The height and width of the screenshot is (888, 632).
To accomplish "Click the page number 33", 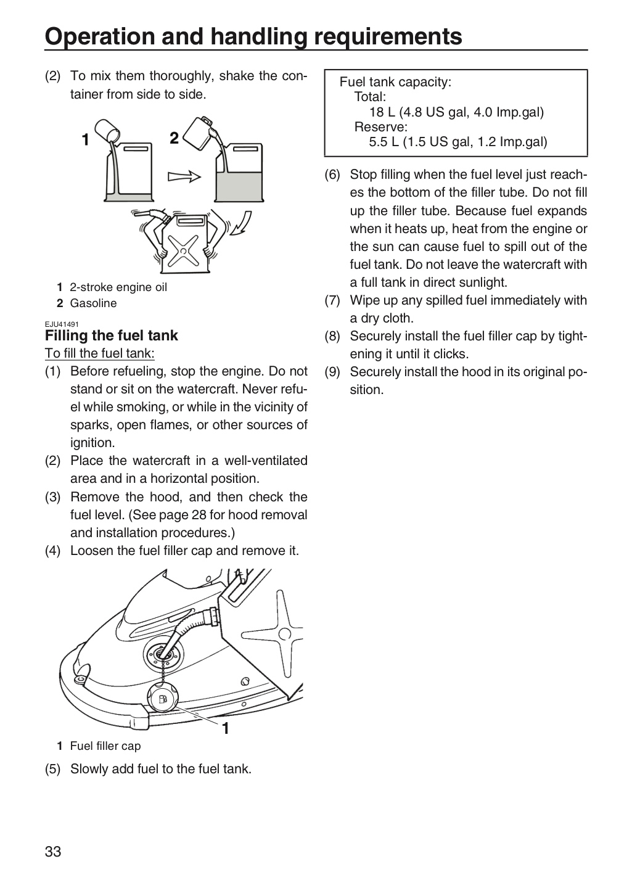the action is [x=53, y=851].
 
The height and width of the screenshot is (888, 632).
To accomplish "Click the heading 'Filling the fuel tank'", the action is [x=112, y=335].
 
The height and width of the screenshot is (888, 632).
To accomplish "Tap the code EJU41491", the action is [x=62, y=324].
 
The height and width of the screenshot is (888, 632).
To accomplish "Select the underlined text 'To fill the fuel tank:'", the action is [x=99, y=353].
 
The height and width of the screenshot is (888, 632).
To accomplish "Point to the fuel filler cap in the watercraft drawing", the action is [x=163, y=698].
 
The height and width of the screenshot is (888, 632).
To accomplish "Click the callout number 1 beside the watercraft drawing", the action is [x=225, y=728].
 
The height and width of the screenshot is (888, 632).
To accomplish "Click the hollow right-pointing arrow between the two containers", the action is [x=184, y=176].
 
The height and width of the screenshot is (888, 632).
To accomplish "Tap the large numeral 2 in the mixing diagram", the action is [x=174, y=138].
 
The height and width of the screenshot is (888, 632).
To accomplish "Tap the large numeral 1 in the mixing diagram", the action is [x=85, y=139].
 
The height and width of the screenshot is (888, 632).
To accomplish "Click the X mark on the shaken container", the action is [x=183, y=250].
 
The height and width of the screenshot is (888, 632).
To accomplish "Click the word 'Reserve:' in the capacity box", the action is [x=380, y=127].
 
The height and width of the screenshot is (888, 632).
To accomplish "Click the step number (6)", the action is [x=332, y=175].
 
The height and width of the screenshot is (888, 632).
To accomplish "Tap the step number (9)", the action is [x=332, y=372].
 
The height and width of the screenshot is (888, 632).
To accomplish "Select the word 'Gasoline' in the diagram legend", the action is [x=93, y=303].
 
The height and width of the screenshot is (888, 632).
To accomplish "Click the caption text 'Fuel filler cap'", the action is [x=105, y=746].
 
